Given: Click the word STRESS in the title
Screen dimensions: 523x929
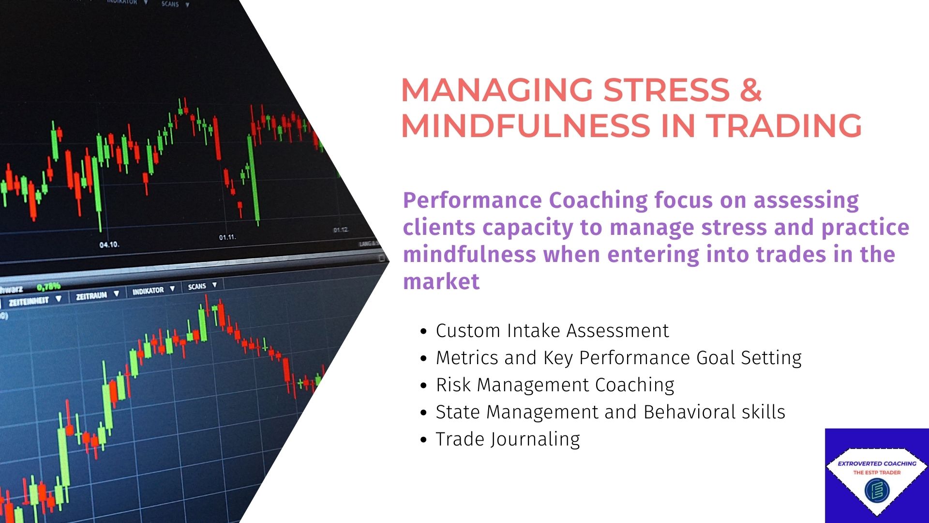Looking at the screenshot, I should coord(666,90).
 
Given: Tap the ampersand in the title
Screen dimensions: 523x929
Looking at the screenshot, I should coord(750,90).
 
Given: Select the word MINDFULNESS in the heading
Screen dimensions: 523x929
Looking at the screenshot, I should coord(525,125).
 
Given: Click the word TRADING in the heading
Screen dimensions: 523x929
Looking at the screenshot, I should coord(784,125).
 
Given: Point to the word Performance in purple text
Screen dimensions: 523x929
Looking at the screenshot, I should coord(472,200).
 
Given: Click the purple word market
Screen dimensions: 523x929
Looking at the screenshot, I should coord(441,281).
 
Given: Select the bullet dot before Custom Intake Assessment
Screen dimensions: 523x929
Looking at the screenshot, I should coord(424,332).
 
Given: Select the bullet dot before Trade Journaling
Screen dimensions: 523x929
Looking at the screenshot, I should coord(424,440).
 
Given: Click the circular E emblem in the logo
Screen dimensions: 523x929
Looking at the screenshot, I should coord(877,490).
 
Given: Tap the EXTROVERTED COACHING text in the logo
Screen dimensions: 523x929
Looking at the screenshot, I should coord(877,463).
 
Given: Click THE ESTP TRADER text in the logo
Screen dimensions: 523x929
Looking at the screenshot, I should coord(877,473).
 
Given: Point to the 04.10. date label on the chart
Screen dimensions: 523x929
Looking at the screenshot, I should coord(109,245).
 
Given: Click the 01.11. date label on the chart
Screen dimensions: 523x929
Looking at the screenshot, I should coord(227,237).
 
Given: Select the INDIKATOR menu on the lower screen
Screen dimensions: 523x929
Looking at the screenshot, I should coord(149,291).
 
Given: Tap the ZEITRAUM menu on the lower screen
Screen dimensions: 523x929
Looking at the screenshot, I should coord(92,295).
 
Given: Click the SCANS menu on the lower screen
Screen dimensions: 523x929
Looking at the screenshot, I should coord(197,287).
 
